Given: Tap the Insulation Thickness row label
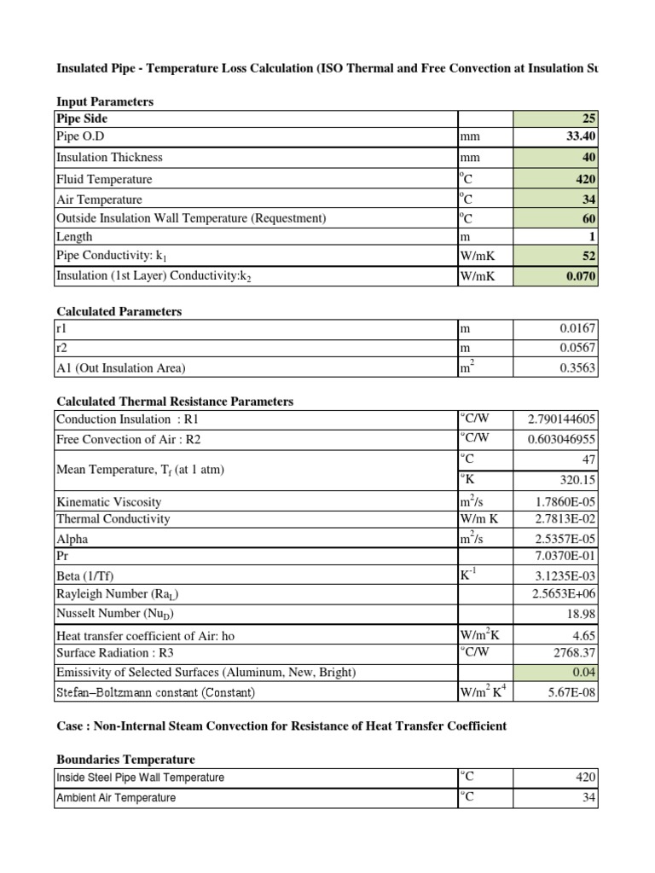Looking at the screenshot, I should (x=109, y=158).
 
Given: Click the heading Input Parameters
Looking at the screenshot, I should (x=105, y=101).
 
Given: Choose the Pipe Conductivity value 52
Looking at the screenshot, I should (x=589, y=256).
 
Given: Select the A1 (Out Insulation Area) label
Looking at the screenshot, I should (x=121, y=368).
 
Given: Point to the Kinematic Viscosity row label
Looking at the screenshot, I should (x=108, y=502).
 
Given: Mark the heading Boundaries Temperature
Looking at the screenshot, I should (x=125, y=759).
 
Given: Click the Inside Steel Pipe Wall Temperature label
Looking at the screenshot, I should (x=140, y=778).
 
